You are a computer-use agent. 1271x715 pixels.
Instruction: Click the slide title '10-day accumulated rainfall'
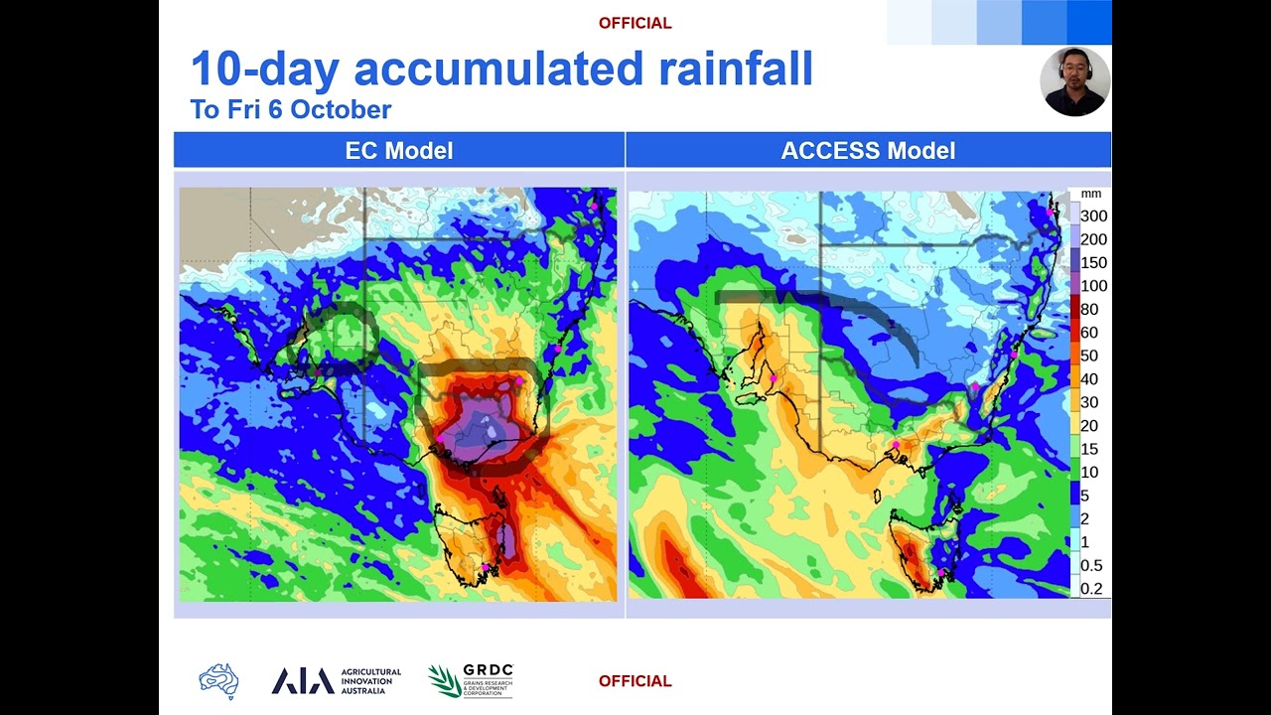tap(501, 70)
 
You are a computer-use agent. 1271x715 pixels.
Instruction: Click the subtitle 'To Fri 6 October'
tap(291, 109)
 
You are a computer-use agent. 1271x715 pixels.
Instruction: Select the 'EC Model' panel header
tap(399, 151)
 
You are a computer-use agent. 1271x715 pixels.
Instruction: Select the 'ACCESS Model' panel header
tap(868, 151)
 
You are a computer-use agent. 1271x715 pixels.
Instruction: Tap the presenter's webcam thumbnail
tap(1075, 81)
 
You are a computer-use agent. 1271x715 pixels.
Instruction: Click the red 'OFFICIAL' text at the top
tap(635, 23)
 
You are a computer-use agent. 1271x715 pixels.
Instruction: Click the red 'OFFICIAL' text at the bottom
tap(635, 681)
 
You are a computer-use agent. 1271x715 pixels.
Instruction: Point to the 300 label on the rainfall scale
tap(1093, 216)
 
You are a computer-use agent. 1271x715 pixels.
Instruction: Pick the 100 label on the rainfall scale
tap(1093, 286)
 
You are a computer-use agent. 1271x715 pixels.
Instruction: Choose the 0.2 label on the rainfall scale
tap(1091, 589)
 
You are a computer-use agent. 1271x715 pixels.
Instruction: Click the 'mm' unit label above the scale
tap(1091, 195)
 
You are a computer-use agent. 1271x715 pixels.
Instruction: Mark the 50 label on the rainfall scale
tap(1089, 356)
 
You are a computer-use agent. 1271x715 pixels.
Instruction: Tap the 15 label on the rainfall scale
tap(1089, 449)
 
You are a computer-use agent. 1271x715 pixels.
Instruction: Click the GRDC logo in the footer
tap(471, 681)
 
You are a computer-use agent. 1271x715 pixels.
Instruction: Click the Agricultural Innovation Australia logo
tap(337, 681)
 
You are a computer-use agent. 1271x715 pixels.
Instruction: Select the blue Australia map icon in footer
tap(218, 681)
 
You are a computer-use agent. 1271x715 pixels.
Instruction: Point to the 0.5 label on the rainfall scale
tap(1091, 566)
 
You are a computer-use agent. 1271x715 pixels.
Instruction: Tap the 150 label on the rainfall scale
tap(1093, 263)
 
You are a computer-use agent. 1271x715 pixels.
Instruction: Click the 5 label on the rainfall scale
tap(1084, 496)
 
